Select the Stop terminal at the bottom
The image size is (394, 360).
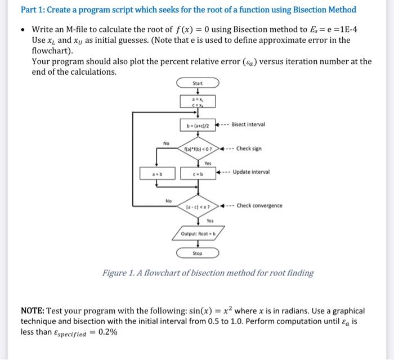coord(198,253)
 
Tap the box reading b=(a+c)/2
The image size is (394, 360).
coord(198,124)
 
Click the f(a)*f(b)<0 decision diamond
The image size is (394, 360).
coord(198,148)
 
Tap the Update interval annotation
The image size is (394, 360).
coord(251,172)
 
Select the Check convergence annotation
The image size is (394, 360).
coord(259,205)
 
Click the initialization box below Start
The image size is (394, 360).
coord(198,102)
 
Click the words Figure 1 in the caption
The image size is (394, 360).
coord(120,273)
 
